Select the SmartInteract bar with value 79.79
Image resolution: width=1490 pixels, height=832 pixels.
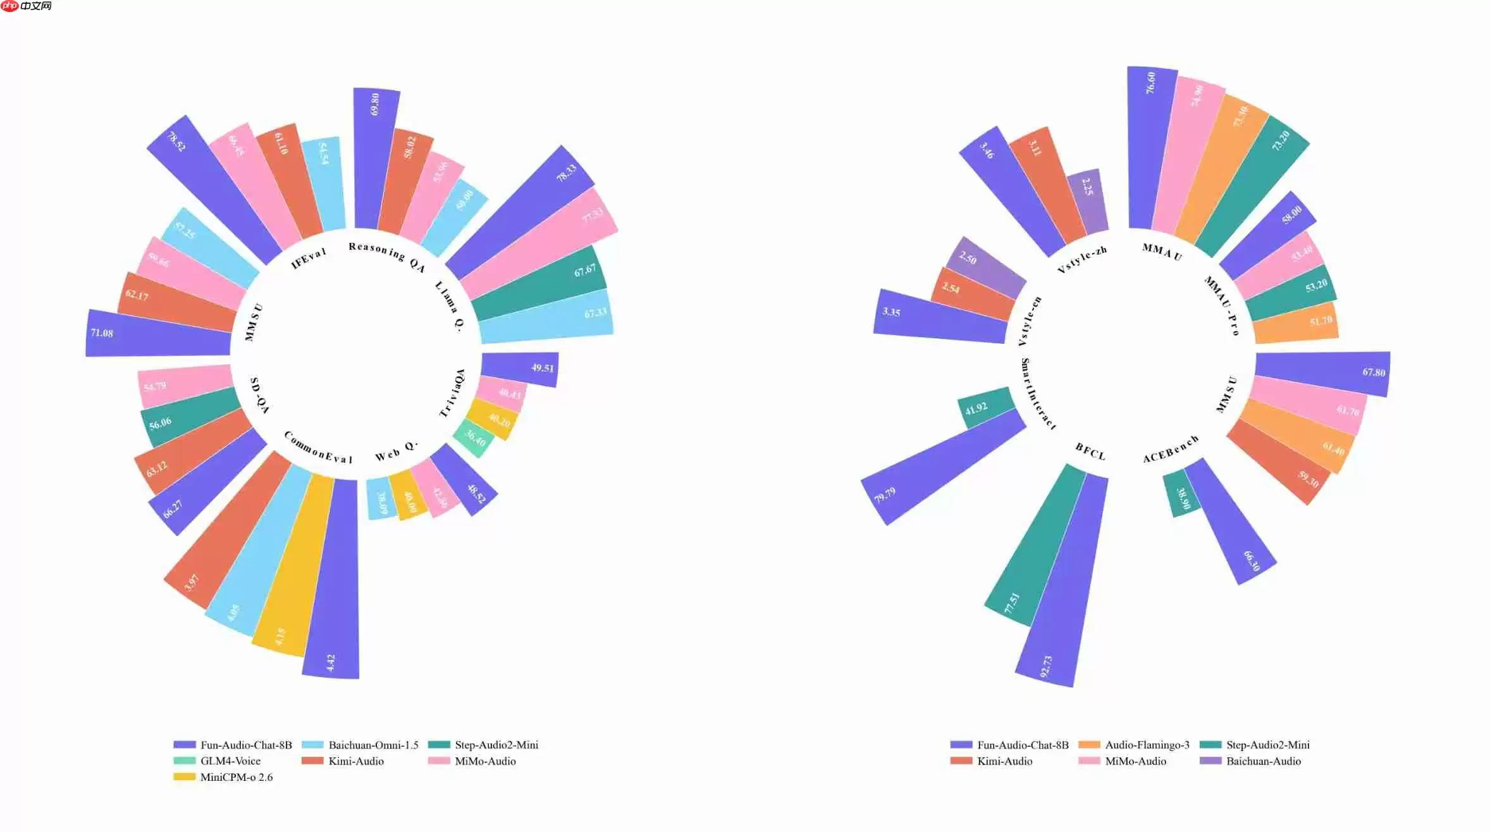tap(942, 468)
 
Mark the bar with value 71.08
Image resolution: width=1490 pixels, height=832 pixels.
tap(158, 333)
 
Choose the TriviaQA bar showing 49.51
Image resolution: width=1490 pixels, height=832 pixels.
tap(520, 368)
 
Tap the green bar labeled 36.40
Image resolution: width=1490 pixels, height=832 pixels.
tap(474, 437)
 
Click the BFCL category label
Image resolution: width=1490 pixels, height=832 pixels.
tap(1090, 451)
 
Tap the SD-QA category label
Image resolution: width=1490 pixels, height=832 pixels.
tap(259, 395)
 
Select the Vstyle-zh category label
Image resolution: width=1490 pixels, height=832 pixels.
tap(1082, 260)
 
